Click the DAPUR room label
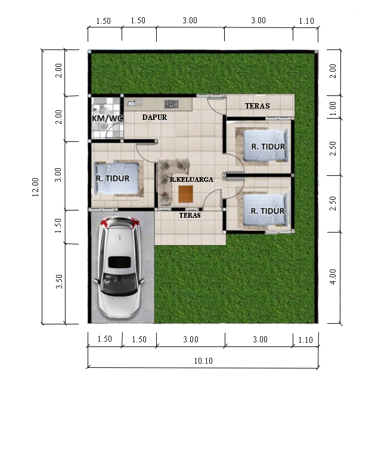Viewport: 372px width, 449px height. pyautogui.click(x=154, y=117)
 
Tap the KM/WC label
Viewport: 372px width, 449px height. pyautogui.click(x=107, y=118)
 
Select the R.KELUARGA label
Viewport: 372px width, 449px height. pyautogui.click(x=191, y=179)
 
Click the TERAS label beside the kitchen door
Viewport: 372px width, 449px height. pyautogui.click(x=257, y=106)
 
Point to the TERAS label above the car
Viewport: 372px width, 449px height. pyautogui.click(x=190, y=215)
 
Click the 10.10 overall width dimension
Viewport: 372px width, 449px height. pyautogui.click(x=203, y=361)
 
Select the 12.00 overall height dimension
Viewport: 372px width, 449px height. pyautogui.click(x=36, y=187)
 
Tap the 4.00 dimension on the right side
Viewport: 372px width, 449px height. pyautogui.click(x=333, y=277)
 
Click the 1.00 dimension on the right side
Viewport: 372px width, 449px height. pyautogui.click(x=333, y=109)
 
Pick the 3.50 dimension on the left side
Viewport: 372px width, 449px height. pyautogui.click(x=59, y=281)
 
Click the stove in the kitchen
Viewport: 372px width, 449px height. pyautogui.click(x=171, y=104)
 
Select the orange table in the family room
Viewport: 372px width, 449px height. pyautogui.click(x=185, y=194)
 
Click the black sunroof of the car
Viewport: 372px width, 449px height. pyautogui.click(x=119, y=262)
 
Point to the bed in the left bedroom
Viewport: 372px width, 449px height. pyautogui.click(x=117, y=178)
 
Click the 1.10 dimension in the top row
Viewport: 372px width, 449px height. pyautogui.click(x=306, y=21)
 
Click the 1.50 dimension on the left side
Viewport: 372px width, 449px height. pyautogui.click(x=58, y=225)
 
